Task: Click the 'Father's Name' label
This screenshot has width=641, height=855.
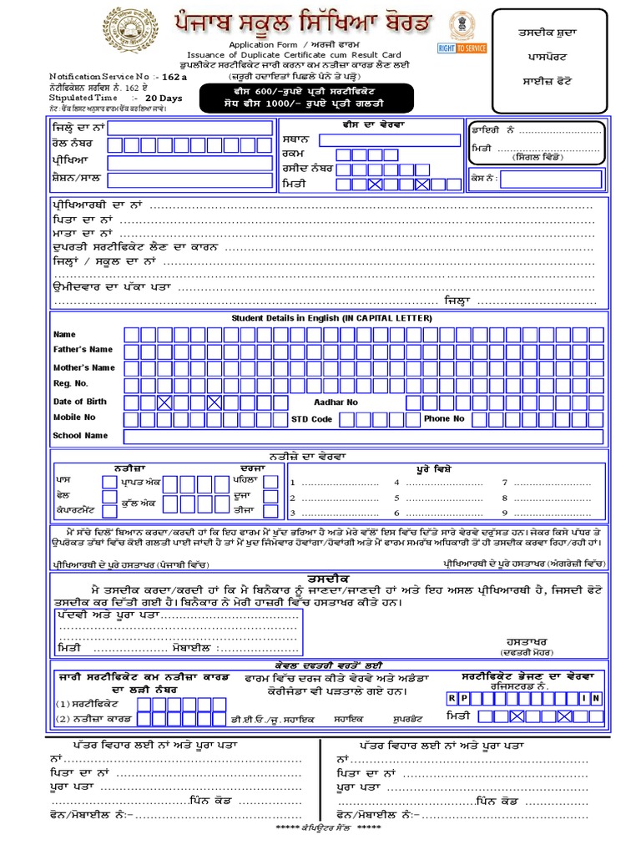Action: point(83,350)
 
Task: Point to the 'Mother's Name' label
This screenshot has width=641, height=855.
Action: point(83,367)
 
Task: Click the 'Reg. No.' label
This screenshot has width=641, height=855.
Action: point(70,384)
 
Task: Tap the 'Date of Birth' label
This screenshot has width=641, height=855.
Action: point(80,402)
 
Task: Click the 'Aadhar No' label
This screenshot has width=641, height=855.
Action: point(336,402)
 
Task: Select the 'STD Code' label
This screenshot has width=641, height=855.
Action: point(311,419)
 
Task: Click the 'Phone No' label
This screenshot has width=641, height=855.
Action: point(444,419)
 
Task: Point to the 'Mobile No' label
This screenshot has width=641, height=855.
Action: point(74,417)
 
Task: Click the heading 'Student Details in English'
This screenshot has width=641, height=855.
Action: point(331,319)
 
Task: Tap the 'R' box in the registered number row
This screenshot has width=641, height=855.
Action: point(452,697)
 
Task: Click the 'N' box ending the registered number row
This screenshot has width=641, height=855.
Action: point(597,697)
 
